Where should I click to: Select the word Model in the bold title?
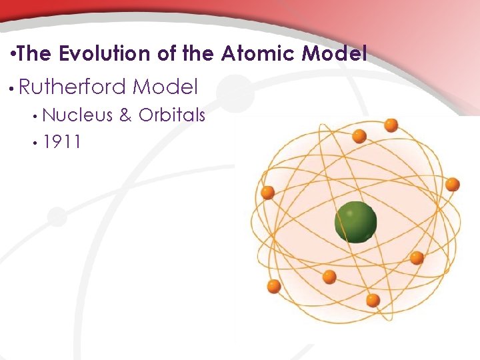coord(334,53)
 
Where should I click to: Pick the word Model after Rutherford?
coord(165,87)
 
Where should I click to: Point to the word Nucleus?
coord(77,115)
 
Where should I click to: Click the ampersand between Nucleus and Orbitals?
coord(125,115)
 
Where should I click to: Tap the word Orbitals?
coord(171,115)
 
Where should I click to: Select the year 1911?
coord(61,141)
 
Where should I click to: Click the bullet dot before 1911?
coord(34,142)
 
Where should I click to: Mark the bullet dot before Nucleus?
coord(34,116)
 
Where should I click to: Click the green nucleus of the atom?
coord(355,222)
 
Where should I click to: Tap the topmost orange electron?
coord(391,125)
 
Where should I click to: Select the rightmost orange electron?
coord(453,184)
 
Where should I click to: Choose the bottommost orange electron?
coord(373,300)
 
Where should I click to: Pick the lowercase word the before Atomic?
coord(197,53)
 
